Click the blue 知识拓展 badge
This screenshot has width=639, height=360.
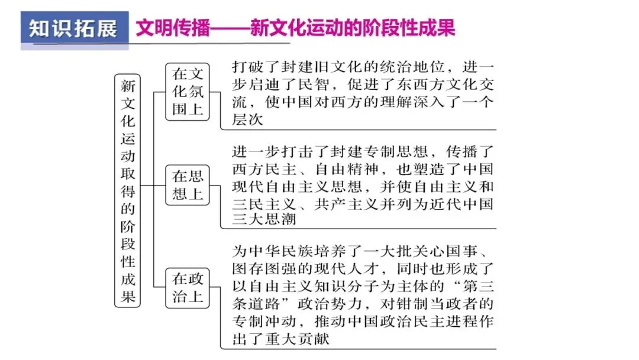coord(74,29)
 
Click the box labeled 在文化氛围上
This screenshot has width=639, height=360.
coord(188,92)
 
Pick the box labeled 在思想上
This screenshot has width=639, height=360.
coord(188,185)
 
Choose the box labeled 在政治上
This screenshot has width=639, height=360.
coord(188,287)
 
